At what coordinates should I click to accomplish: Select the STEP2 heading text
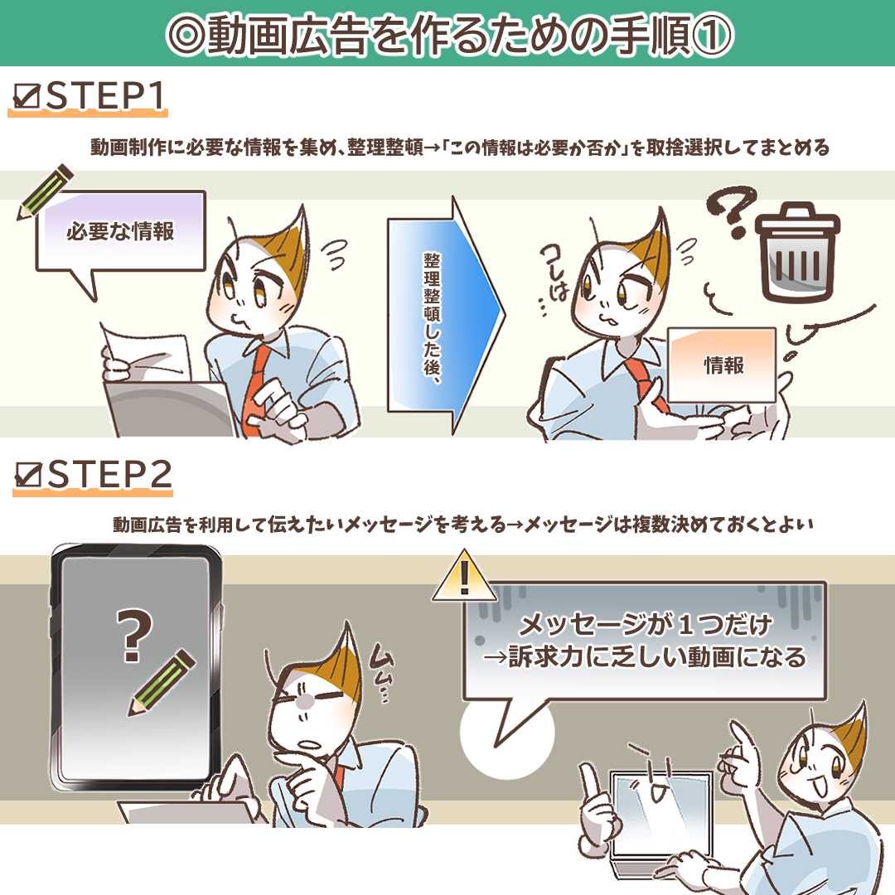point(109,475)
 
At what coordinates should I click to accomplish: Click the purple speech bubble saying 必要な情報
point(120,232)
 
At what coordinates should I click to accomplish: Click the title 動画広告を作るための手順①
point(447,34)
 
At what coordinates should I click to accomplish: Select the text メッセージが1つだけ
point(645,622)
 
